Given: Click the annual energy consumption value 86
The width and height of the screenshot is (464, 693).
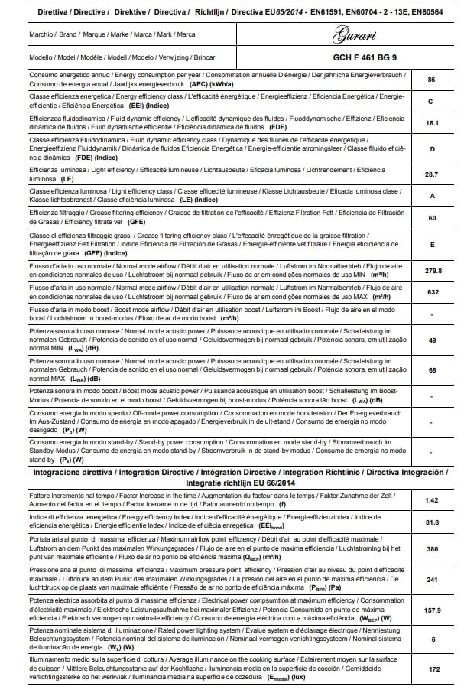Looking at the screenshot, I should pos(431,80).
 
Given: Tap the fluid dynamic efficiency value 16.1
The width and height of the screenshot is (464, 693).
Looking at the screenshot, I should pos(431,122).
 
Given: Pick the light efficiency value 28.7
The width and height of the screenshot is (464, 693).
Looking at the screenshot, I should pos(431,174).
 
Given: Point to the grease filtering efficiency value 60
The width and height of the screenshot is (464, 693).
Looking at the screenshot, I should pos(431,218).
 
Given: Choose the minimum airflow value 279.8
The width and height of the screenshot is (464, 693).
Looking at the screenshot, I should pos(431,270).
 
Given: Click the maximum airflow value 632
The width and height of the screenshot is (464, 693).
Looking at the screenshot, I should pos(431,292).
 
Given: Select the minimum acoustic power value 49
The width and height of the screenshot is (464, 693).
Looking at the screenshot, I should pos(431,340).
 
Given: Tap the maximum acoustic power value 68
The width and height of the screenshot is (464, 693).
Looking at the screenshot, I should pos(431,370).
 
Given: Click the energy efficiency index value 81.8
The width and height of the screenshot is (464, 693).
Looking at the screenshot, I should pos(431,522).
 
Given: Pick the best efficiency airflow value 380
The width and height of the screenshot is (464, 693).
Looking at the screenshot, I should pos(431,548).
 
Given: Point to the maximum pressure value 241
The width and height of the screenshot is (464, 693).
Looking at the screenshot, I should pos(431,580).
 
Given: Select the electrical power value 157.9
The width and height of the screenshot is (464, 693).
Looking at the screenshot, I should pos(431,610).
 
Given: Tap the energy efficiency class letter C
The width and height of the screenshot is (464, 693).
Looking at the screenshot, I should pos(431,101).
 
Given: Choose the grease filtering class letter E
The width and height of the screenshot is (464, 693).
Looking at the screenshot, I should pos(431,244).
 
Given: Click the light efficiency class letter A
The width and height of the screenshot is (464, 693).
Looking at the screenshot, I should pos(431,196).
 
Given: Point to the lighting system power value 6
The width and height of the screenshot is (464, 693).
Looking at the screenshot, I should pos(431,639).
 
